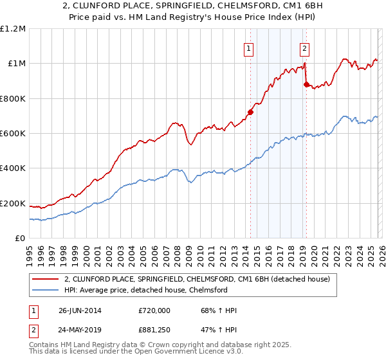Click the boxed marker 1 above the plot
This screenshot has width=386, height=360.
click(x=248, y=47)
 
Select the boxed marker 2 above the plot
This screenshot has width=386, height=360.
click(x=304, y=47)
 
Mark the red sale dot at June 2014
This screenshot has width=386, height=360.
click(x=250, y=112)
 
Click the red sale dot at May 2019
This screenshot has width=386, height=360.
click(x=306, y=84)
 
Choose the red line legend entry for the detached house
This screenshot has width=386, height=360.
click(x=197, y=279)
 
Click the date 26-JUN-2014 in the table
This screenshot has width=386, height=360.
click(x=80, y=310)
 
